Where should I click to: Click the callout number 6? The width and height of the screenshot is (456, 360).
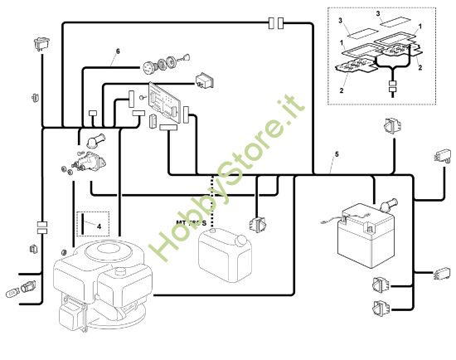coord(117,51)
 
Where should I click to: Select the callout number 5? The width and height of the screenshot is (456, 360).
coord(336,155)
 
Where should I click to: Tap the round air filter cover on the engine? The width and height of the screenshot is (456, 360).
coord(104,249)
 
